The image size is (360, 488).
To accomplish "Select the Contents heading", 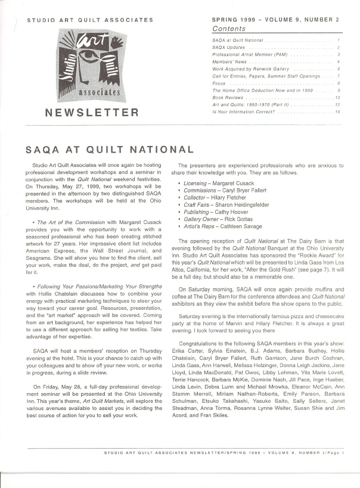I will pyautogui.click(x=228, y=29).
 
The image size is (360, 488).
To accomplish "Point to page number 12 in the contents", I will pyautogui.click(x=337, y=104).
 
